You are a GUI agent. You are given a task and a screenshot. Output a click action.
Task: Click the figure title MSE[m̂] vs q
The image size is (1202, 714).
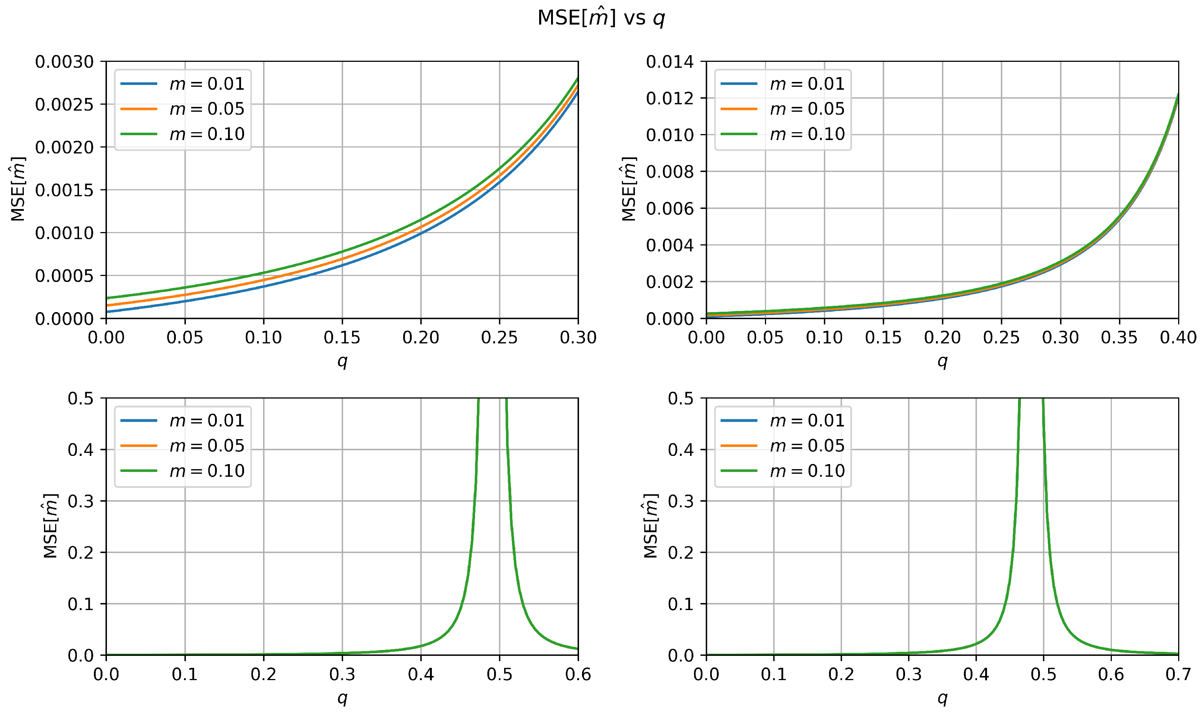click(x=601, y=18)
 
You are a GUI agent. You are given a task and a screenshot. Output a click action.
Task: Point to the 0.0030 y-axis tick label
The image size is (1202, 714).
click(x=64, y=61)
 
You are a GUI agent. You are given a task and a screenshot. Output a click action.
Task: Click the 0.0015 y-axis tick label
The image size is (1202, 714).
click(x=64, y=190)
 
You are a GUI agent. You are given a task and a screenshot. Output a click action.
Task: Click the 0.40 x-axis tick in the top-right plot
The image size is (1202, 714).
click(x=1178, y=337)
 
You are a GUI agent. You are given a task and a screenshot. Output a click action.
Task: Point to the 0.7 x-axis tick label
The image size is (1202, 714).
click(x=1178, y=674)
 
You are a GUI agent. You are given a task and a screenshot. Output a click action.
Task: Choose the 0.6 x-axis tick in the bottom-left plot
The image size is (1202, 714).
click(x=578, y=674)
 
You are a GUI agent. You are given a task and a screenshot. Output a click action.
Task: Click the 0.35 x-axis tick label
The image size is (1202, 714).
click(x=1119, y=337)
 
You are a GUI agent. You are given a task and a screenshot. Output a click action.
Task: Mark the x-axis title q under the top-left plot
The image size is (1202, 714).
click(x=342, y=361)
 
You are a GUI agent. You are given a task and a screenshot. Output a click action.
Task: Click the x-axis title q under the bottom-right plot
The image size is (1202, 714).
click(x=942, y=698)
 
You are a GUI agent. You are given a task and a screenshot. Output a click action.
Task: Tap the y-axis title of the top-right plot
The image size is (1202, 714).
click(x=629, y=189)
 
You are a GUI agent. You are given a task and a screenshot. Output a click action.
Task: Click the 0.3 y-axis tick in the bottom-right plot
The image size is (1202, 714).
click(x=680, y=501)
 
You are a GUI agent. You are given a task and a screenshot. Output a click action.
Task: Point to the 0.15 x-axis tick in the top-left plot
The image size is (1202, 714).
click(x=342, y=337)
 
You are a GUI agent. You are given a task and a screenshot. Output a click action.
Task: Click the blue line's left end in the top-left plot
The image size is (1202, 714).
click(x=107, y=311)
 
